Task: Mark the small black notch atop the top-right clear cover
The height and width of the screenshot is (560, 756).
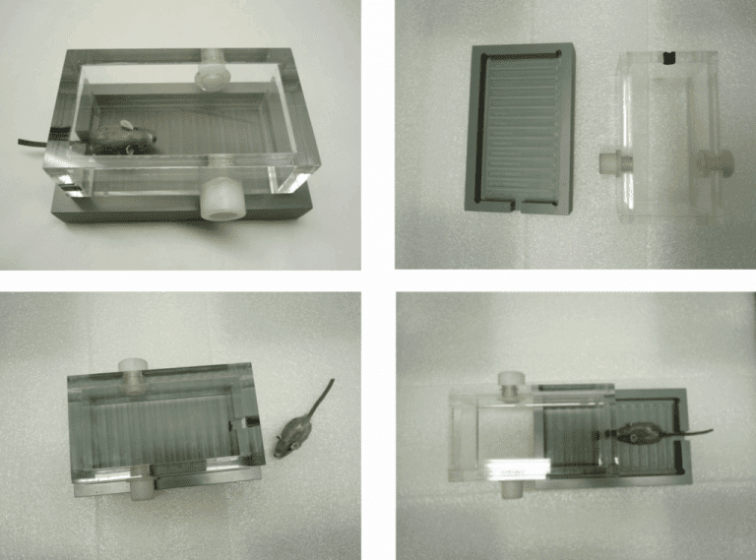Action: point(668,57)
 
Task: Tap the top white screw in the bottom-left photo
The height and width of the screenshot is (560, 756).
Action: point(132,370)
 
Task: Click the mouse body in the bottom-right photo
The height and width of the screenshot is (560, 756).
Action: point(637,433)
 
